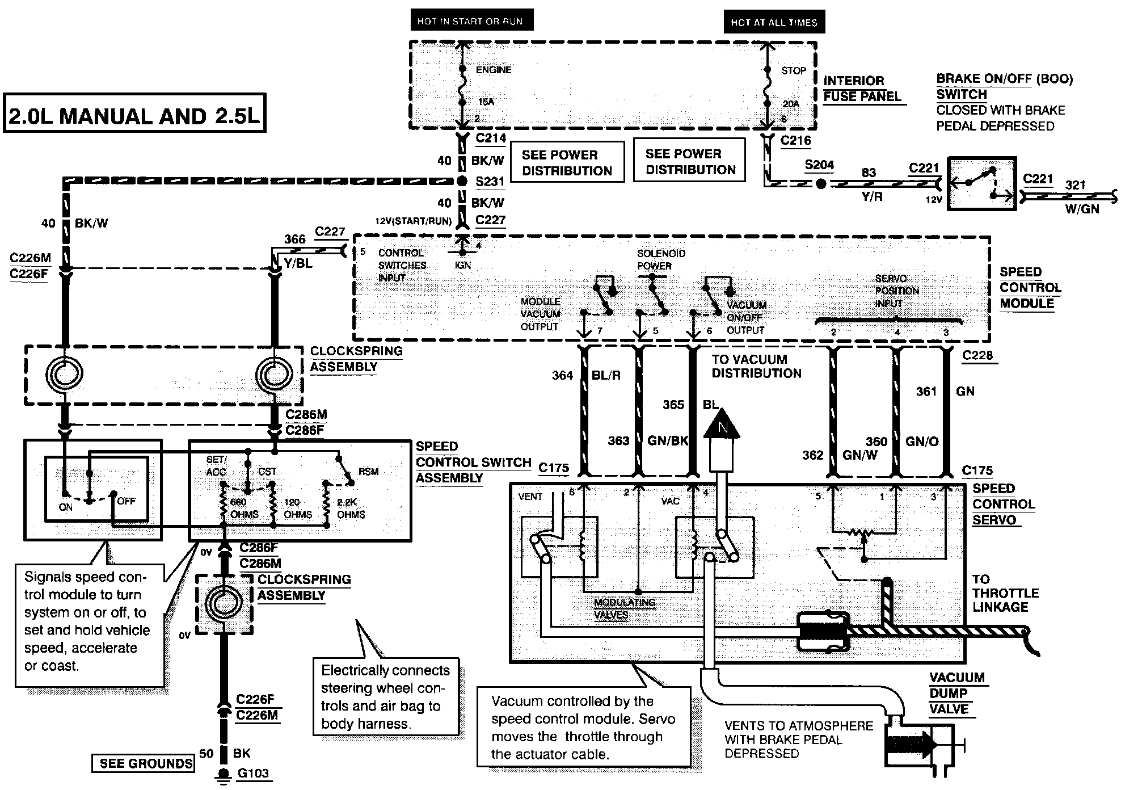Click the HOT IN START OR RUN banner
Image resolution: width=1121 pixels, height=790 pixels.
(x=471, y=22)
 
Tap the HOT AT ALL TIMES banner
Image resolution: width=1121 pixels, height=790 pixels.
(x=774, y=23)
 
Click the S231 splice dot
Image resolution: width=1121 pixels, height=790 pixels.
(x=462, y=182)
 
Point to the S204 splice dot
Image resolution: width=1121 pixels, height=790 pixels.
(x=820, y=184)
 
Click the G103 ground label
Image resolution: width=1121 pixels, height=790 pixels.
(x=253, y=773)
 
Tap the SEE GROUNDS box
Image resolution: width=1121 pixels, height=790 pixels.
(x=143, y=763)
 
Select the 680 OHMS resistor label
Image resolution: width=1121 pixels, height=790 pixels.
(x=245, y=509)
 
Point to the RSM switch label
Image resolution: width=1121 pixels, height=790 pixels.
(x=368, y=472)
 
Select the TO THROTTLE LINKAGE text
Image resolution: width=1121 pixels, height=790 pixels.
(x=1005, y=593)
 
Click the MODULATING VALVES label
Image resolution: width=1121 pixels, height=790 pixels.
(x=625, y=608)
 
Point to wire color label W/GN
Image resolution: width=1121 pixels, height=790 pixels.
(x=1082, y=209)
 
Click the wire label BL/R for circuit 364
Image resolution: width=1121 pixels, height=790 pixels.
(x=606, y=375)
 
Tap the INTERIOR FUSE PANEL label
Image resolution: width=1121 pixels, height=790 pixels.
(x=862, y=89)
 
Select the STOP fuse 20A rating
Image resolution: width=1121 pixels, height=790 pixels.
(x=791, y=104)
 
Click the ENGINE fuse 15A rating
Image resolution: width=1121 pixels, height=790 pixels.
(x=486, y=102)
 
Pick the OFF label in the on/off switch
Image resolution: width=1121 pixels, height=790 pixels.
(x=126, y=501)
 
